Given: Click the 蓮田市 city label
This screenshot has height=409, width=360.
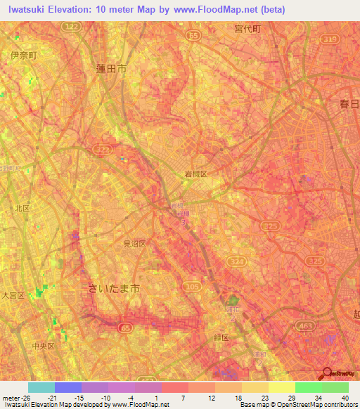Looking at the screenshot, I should [x=111, y=69].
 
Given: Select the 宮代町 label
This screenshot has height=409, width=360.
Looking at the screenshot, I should [x=247, y=29].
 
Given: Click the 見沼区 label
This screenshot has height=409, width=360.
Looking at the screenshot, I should [x=134, y=244].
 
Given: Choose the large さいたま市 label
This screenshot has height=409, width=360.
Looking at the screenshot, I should [x=115, y=288].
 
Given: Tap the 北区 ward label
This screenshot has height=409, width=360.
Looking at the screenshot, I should [x=22, y=208].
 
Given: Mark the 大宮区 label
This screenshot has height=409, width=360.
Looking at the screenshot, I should [x=13, y=295].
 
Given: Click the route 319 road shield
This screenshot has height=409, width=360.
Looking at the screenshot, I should [x=332, y=40].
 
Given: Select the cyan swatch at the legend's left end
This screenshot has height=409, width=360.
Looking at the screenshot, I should [x=41, y=387].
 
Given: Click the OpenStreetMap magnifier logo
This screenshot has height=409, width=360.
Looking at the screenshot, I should [x=326, y=373].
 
